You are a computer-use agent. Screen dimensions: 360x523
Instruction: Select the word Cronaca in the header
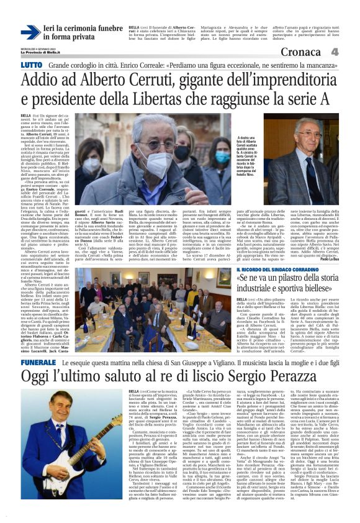305,52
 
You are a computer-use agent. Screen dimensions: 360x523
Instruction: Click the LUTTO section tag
31,65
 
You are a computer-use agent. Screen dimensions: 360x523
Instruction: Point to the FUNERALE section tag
38,345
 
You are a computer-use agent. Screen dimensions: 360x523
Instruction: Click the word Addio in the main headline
61,81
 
